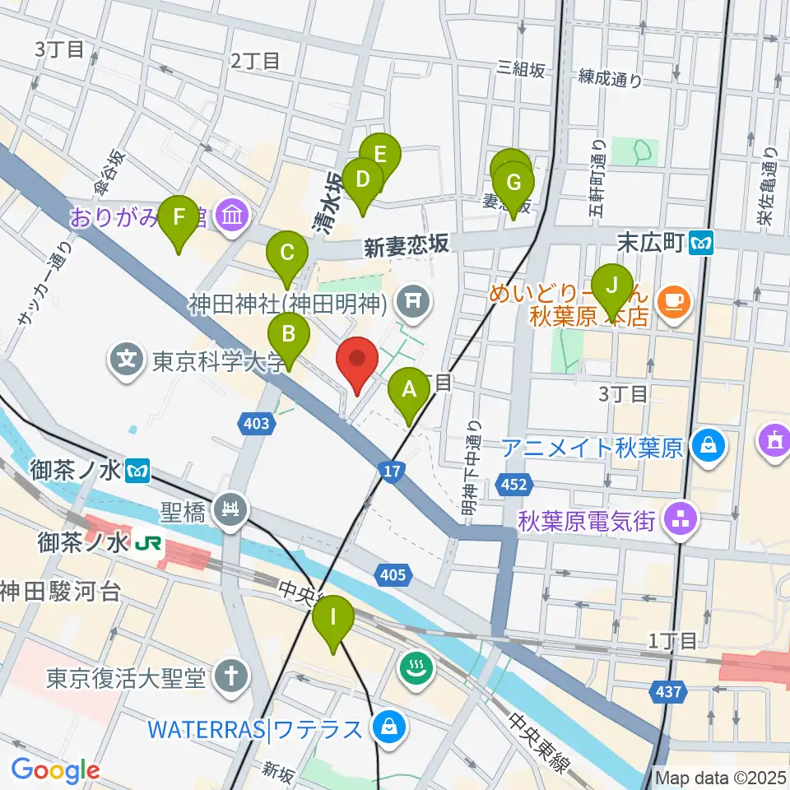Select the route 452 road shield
click(x=513, y=486)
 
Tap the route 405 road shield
click(x=393, y=574)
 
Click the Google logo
click(x=55, y=770)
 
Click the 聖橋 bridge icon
click(x=230, y=512)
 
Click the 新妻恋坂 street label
click(x=406, y=244)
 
